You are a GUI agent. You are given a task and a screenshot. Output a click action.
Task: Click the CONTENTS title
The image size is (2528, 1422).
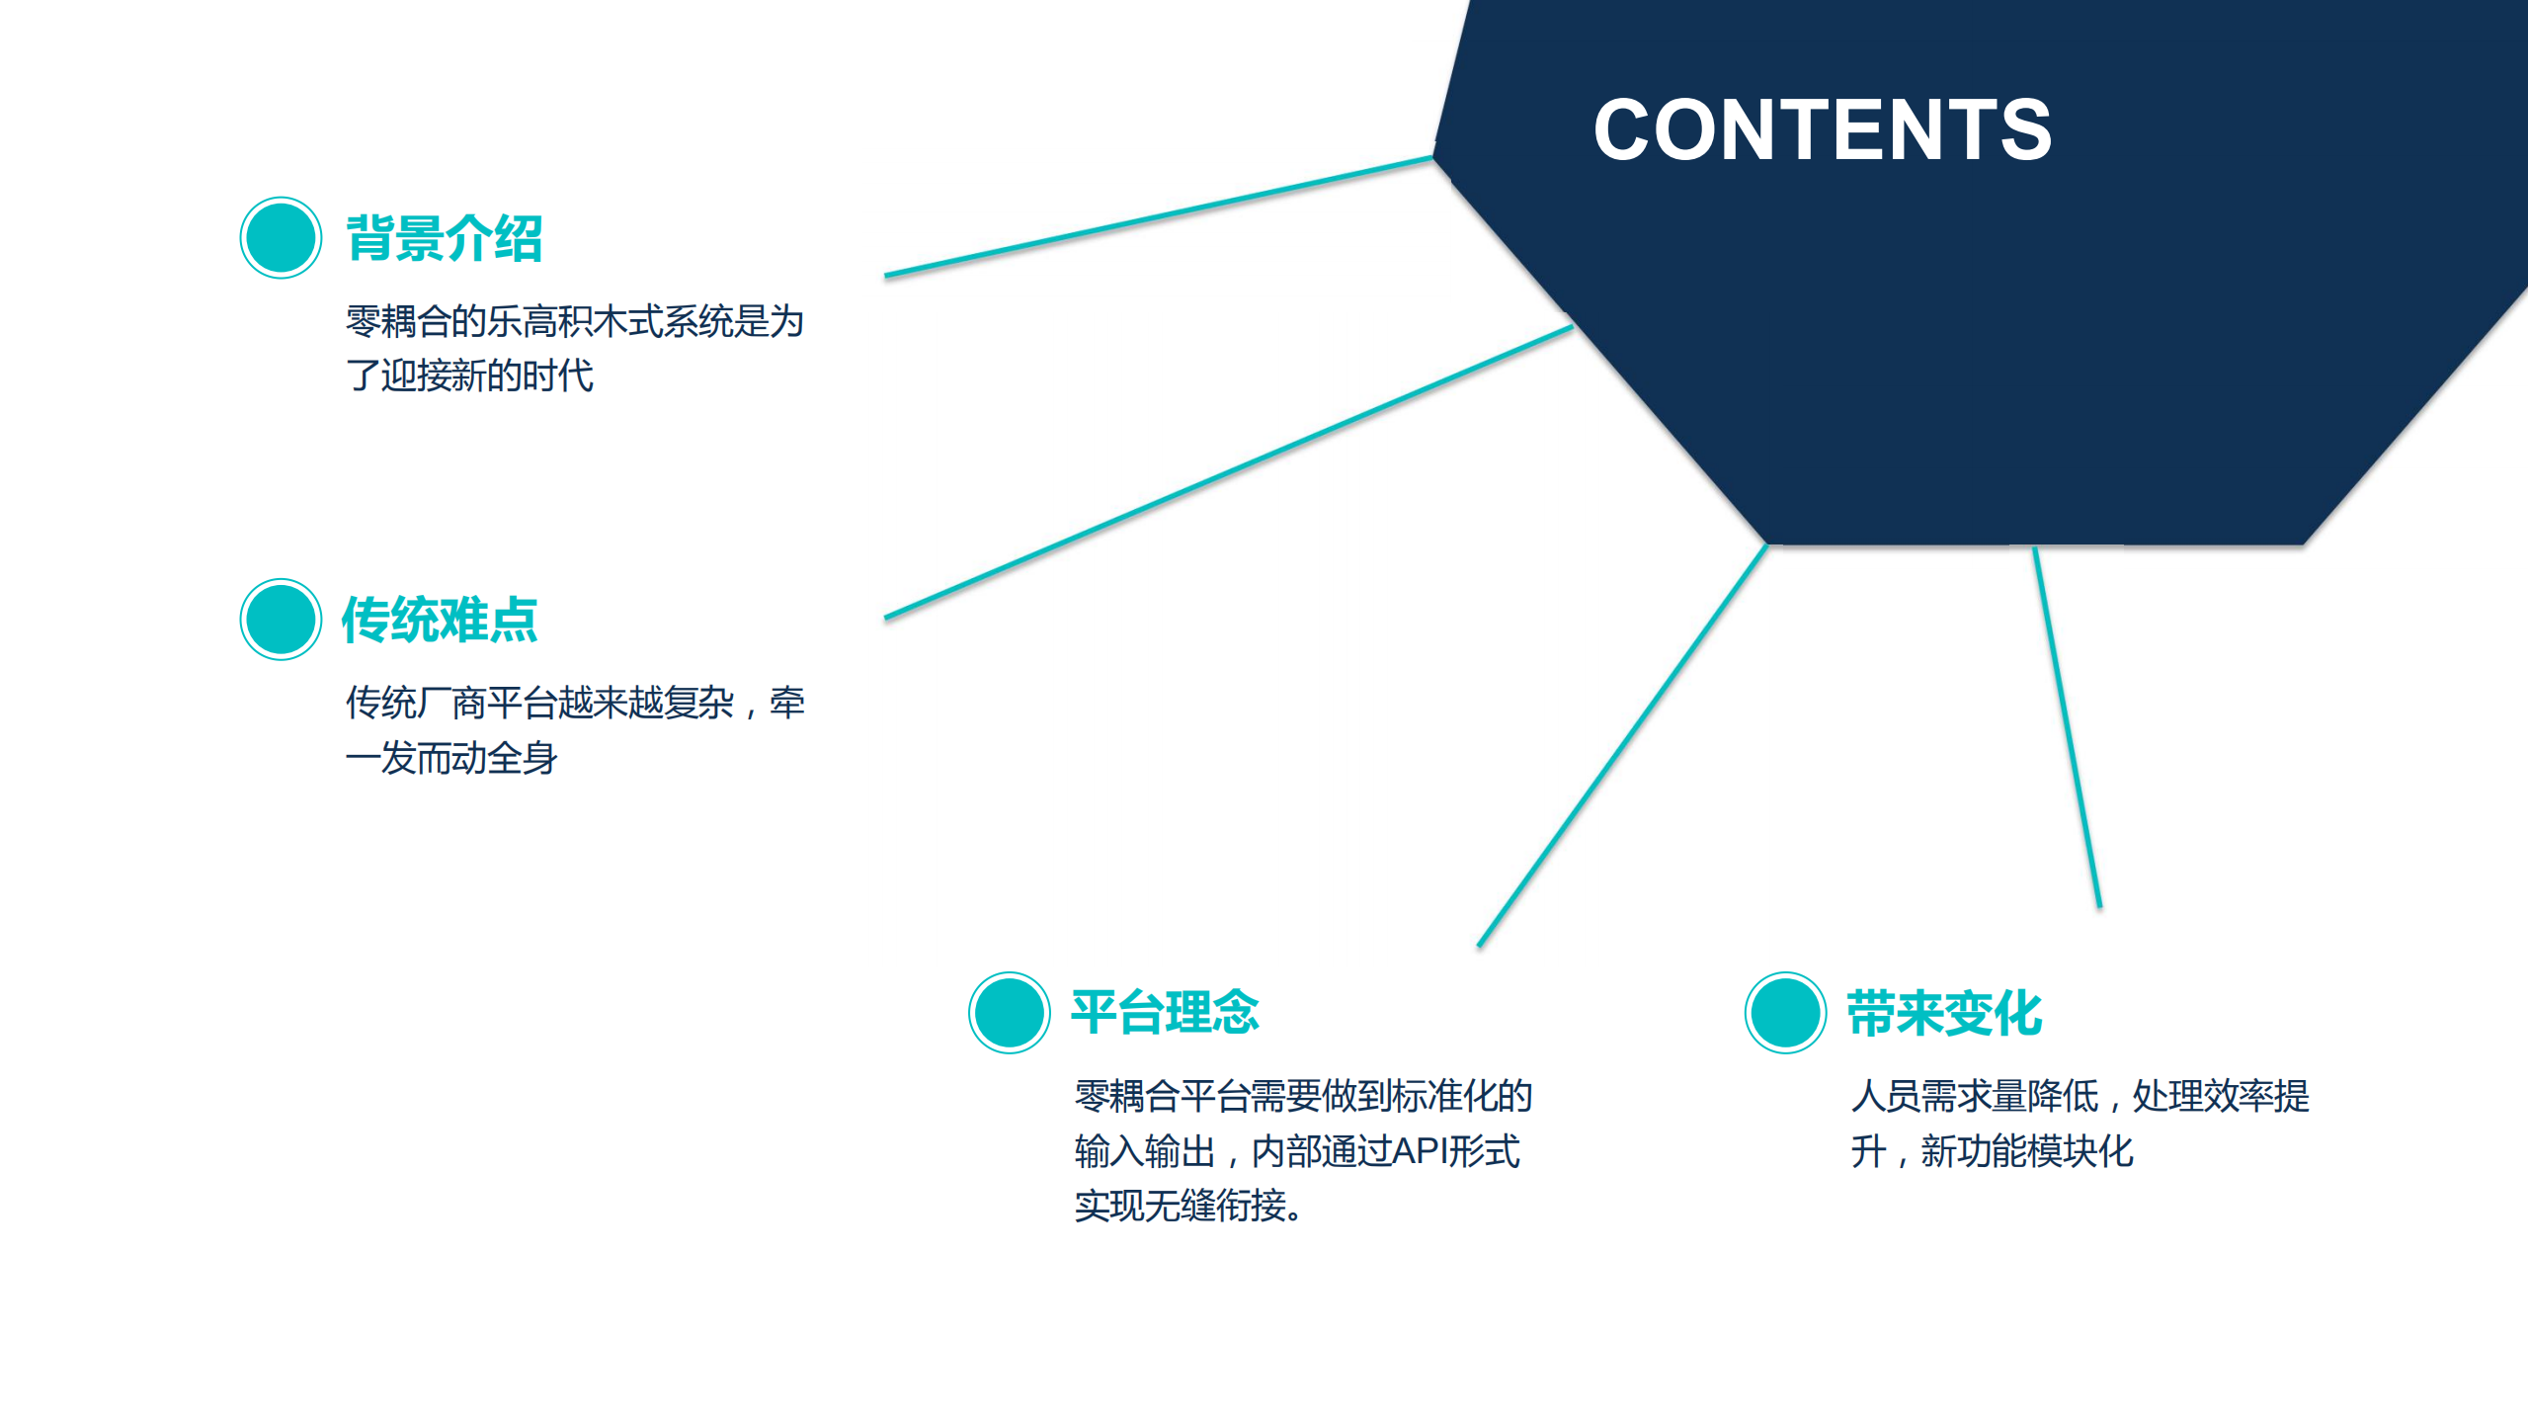pos(1822,129)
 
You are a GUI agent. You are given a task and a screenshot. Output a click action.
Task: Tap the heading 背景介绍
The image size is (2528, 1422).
pos(444,238)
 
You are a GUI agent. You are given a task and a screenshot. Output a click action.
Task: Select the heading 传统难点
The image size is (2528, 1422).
pos(440,620)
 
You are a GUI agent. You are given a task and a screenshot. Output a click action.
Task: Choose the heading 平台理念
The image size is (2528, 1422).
pos(1165,1012)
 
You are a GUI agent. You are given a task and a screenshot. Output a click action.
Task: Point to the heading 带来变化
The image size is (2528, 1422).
pos(1944,1013)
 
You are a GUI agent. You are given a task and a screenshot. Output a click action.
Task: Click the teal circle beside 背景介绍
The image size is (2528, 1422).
pos(281,238)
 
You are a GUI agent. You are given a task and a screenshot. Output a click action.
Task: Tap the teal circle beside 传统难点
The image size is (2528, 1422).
pos(281,620)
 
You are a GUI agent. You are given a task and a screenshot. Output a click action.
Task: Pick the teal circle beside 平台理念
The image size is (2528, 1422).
pos(1009,1012)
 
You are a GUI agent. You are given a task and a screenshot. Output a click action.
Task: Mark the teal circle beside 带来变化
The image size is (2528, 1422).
pos(1784,1012)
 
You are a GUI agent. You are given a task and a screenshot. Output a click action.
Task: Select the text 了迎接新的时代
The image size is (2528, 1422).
pos(469,376)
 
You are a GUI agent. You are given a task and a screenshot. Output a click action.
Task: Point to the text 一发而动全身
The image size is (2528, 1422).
pos(451,758)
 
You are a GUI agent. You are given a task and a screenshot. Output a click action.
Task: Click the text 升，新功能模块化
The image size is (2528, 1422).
pos(1992,1151)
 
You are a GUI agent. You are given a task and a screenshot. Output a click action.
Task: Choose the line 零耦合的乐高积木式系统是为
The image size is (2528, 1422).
pos(574,321)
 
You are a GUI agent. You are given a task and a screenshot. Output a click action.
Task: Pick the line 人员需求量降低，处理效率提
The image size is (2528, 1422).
pos(2079,1096)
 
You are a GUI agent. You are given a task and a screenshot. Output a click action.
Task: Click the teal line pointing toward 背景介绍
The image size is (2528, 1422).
pos(1158,216)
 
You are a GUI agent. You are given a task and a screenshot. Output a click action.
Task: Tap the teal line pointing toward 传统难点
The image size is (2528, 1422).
pos(1228,472)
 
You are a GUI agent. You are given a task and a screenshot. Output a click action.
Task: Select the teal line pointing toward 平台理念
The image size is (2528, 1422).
pos(1622,746)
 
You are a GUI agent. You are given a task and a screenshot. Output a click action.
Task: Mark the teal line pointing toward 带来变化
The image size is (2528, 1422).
pos(2067,726)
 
